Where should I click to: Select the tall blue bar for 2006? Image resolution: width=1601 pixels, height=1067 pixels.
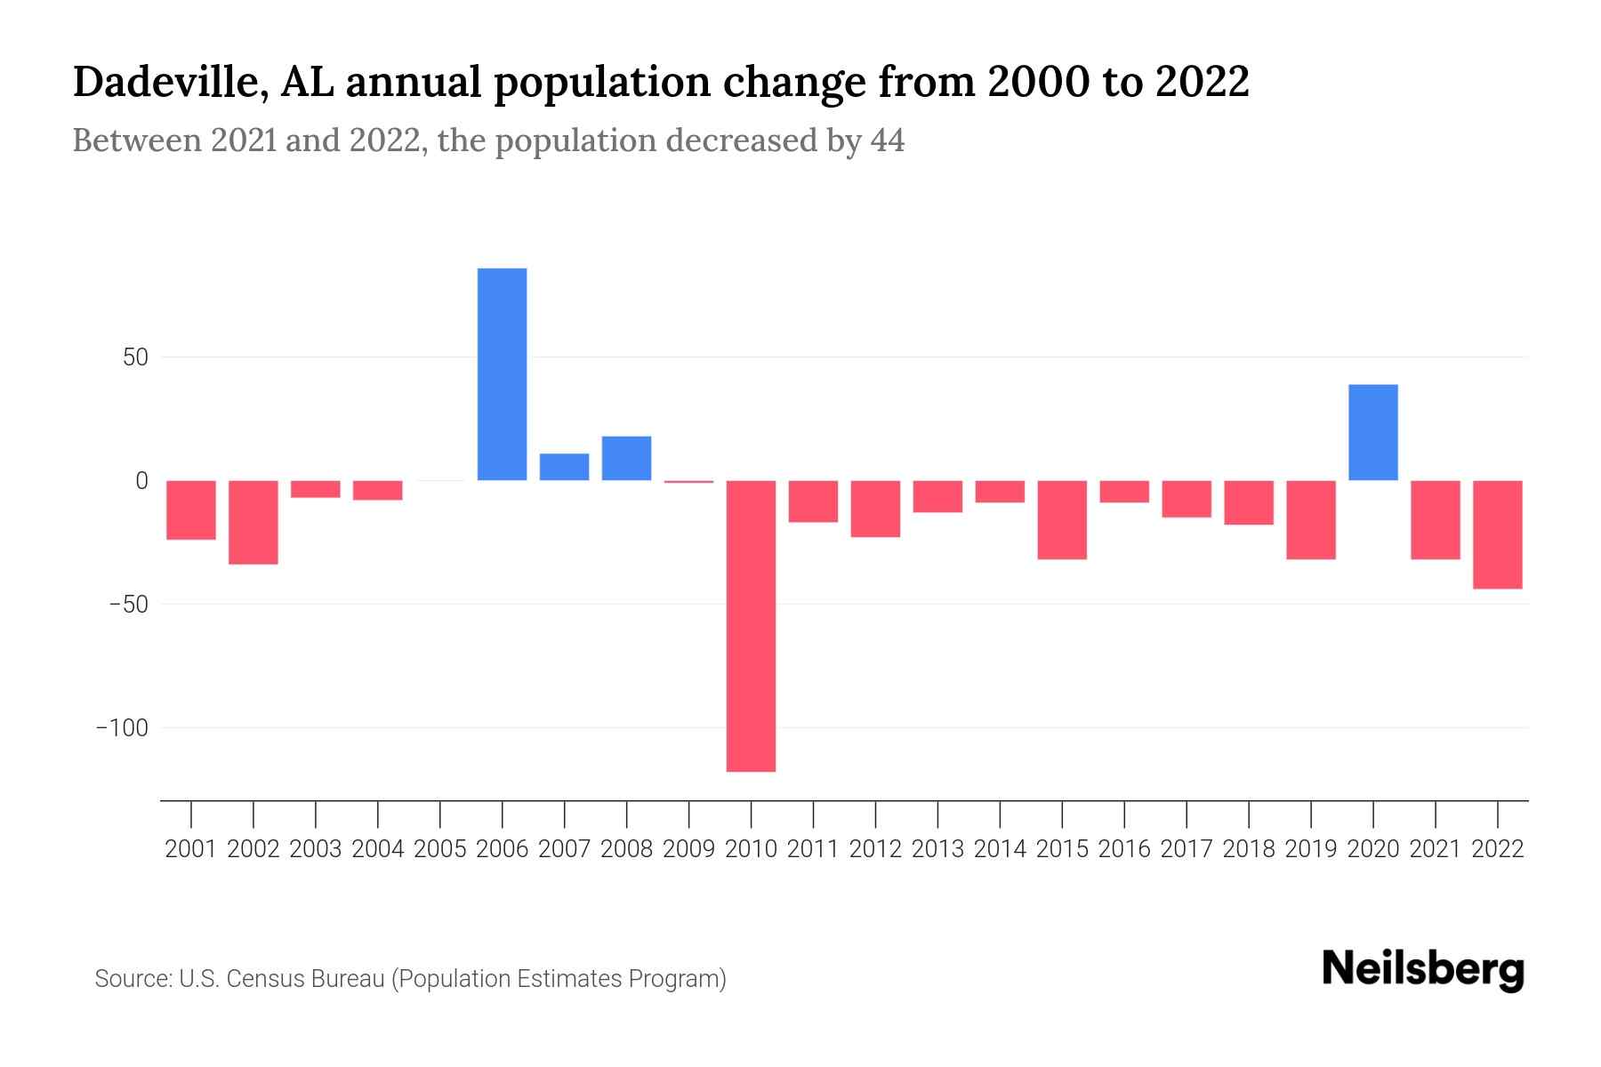pos(502,374)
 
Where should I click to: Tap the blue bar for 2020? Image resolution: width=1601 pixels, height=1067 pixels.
pos(1372,432)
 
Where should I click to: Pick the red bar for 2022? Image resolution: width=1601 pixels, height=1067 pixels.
pos(1497,534)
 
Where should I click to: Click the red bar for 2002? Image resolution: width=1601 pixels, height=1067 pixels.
pos(253,522)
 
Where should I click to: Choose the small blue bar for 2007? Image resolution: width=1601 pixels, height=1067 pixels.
pos(564,467)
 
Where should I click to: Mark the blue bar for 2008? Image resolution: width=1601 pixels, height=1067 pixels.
pos(626,458)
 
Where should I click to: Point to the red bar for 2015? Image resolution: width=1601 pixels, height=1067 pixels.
pos(1061,519)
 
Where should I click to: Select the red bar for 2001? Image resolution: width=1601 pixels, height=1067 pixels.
pos(191,509)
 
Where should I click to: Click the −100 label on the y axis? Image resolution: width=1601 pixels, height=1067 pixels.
pos(122,728)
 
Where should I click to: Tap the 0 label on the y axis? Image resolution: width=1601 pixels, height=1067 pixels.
pos(141,481)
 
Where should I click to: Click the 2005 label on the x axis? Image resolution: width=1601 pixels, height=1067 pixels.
pos(440,849)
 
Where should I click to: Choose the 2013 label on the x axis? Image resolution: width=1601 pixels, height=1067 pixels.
pos(937,849)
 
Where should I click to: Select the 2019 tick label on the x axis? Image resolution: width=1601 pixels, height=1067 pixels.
pos(1310,849)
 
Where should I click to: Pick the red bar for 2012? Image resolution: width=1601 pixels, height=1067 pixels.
pos(875,509)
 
